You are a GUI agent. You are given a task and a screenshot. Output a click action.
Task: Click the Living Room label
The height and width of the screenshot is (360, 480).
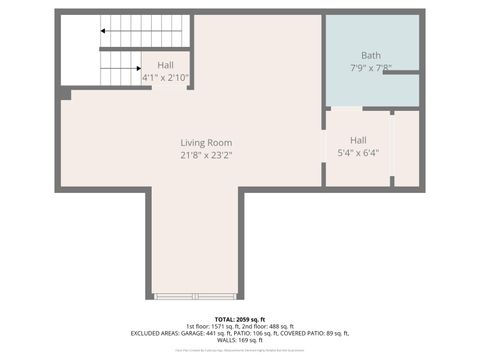coord(206,143)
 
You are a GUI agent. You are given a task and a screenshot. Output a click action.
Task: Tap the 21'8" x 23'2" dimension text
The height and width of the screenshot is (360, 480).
coord(206,156)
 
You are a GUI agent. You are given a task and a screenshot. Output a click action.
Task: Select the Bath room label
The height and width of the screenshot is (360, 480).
coord(370,56)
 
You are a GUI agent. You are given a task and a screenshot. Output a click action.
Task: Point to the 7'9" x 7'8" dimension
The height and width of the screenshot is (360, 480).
coord(370,68)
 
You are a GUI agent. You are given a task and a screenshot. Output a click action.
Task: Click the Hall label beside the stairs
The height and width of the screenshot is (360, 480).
coord(165,65)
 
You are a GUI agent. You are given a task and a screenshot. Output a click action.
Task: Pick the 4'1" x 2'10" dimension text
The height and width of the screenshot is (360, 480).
coord(165,77)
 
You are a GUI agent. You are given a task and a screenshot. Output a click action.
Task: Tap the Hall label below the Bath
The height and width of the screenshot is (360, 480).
coord(358,140)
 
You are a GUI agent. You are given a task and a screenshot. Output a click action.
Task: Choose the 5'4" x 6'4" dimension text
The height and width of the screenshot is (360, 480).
coord(358,153)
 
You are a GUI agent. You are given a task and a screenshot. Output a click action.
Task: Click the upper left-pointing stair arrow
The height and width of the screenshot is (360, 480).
coord(103,31)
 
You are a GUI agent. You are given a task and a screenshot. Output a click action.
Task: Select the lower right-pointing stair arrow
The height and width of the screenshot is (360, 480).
coord(134,69)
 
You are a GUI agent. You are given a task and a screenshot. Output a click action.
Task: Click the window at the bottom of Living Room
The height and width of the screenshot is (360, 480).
coord(195,296)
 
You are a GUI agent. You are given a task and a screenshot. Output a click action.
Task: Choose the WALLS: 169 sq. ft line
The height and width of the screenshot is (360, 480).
coord(239,340)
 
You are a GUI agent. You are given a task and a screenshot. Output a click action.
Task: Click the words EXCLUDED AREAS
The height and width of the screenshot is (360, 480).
coord(154,333)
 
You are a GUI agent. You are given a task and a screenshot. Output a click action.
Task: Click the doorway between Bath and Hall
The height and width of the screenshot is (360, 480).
coord(347,108)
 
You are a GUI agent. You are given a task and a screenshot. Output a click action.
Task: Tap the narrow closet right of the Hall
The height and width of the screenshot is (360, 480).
coord(406,148)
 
